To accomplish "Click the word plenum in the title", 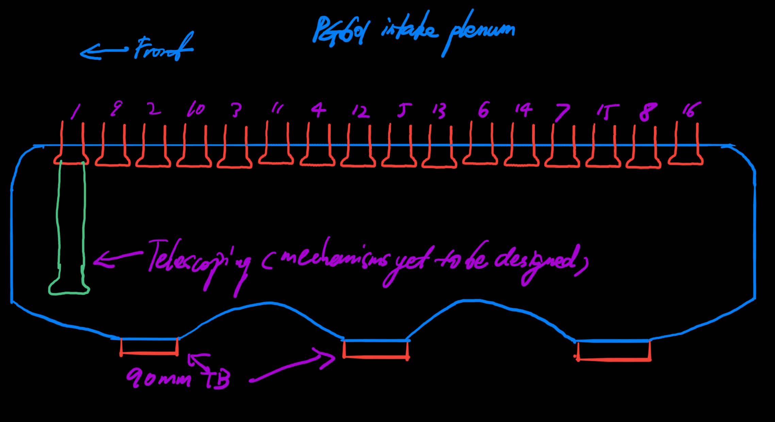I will [x=480, y=32].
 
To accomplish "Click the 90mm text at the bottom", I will [x=158, y=378].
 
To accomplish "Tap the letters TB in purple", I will [x=218, y=378].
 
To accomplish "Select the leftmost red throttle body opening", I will [x=149, y=347].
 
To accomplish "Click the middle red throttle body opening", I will [x=376, y=349].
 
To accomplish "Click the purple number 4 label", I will [x=318, y=110].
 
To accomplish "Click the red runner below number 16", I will [x=686, y=146].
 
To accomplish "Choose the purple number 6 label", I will [x=483, y=110].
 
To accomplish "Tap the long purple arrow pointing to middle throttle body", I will [x=293, y=368].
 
